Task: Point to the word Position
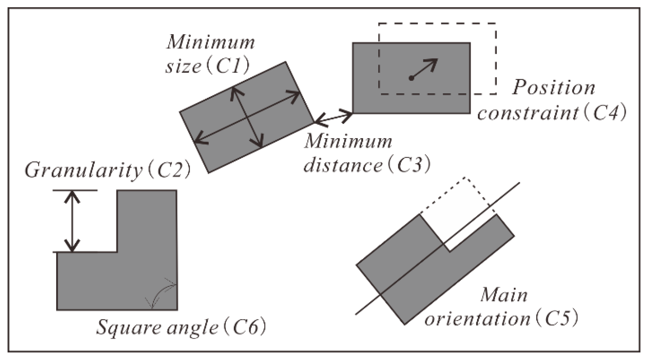[554, 88]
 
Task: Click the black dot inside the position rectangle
[411, 78]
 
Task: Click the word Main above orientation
[504, 295]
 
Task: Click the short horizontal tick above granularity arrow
[75, 190]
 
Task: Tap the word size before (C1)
[183, 67]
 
